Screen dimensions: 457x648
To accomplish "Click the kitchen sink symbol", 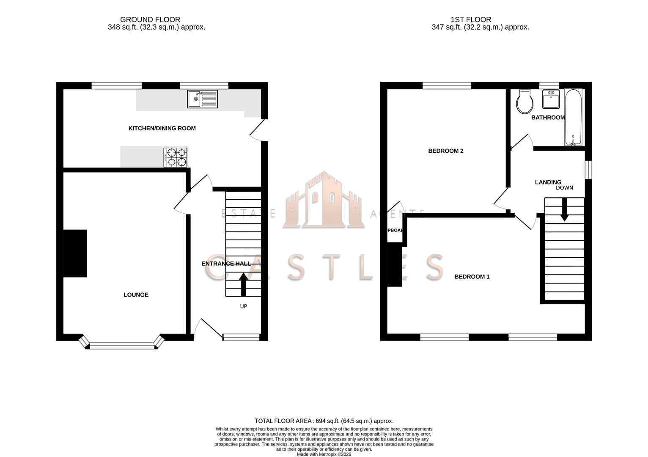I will click(203, 99).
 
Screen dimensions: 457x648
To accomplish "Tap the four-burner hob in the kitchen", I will click(176, 157).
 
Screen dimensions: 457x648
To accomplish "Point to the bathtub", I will click(573, 117).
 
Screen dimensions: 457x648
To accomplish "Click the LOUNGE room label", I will click(136, 295).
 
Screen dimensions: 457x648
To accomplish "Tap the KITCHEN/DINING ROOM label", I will click(162, 128).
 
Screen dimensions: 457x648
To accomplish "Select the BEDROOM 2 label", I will click(446, 151).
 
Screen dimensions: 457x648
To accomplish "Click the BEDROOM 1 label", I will click(472, 277).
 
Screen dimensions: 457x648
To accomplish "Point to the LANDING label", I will click(548, 182).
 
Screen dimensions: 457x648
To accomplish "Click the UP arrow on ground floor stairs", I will click(243, 285).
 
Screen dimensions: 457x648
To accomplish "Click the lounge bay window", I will click(122, 345).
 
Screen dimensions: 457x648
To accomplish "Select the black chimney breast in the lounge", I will click(75, 253).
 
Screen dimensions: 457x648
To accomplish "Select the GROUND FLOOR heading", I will click(150, 19).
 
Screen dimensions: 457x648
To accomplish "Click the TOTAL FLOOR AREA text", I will click(324, 421).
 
